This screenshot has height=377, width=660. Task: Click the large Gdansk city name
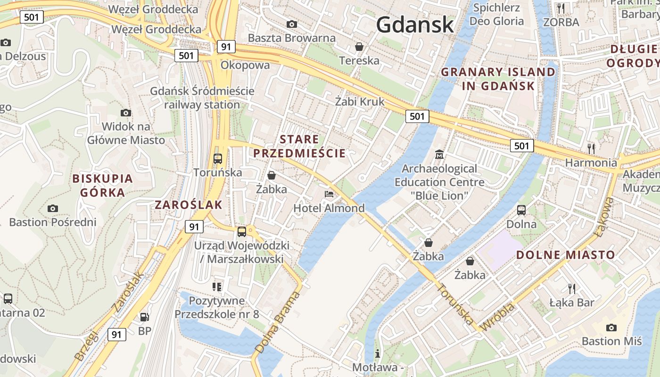click(x=415, y=25)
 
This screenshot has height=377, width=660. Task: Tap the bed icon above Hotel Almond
click(x=329, y=194)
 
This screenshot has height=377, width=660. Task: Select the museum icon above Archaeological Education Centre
click(x=439, y=154)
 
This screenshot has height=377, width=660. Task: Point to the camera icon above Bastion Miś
click(x=611, y=328)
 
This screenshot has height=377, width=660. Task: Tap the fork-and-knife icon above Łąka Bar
click(x=572, y=288)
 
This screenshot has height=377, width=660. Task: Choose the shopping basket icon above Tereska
click(x=359, y=47)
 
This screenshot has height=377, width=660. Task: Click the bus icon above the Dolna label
click(x=521, y=210)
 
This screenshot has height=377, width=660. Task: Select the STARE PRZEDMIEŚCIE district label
click(x=299, y=146)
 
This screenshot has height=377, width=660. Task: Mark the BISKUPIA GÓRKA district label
click(x=103, y=185)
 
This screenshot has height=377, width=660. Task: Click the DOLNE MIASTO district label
click(x=566, y=255)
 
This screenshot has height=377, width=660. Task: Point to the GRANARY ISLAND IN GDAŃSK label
click(x=498, y=79)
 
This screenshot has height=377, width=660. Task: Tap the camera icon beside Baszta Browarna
click(x=292, y=24)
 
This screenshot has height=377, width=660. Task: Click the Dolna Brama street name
click(x=278, y=322)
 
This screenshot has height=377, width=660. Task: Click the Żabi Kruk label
click(x=360, y=101)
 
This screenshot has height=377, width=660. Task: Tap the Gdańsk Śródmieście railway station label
click(x=202, y=98)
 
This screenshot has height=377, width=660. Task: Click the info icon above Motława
click(x=377, y=353)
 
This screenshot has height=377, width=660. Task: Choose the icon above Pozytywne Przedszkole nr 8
click(x=217, y=287)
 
